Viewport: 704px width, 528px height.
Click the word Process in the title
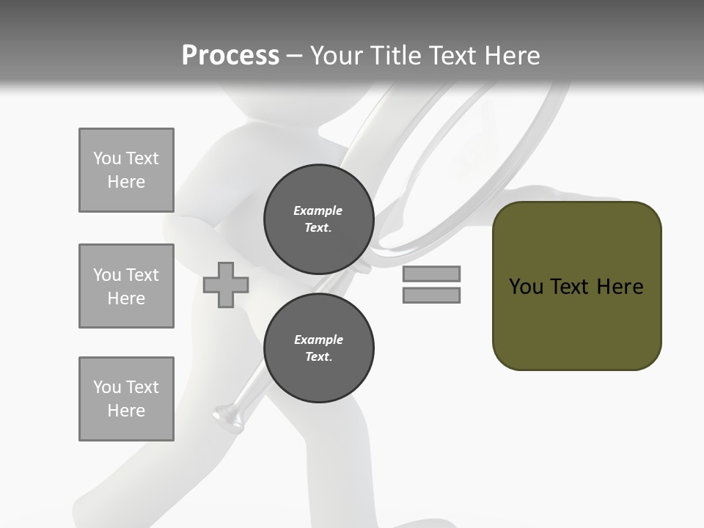pos(230,55)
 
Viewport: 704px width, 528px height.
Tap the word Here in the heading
pos(512,55)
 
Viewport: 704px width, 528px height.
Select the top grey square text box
pos(126,170)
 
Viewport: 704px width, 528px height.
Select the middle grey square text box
pos(126,286)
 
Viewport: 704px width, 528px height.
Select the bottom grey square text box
pos(126,399)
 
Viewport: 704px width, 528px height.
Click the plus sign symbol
pos(226,285)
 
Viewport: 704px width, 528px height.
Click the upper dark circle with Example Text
pos(318,219)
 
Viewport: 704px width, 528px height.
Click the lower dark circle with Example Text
pos(318,348)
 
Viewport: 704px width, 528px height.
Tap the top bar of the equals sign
pos(431,274)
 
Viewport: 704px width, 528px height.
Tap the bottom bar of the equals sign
pos(431,295)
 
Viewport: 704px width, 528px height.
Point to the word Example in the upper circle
pos(318,210)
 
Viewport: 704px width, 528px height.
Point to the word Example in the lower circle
pos(318,340)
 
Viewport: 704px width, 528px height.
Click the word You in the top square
pos(106,158)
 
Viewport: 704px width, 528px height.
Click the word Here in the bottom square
pos(126,411)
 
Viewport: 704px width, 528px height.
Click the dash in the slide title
pos(294,56)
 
